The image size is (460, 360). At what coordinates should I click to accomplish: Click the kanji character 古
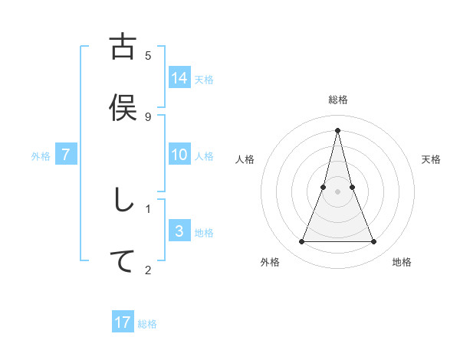click(x=123, y=47)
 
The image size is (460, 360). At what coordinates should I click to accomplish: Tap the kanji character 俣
click(x=123, y=108)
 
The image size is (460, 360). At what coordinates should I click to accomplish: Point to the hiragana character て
click(x=123, y=261)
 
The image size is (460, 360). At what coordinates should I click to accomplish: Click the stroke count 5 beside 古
click(x=148, y=55)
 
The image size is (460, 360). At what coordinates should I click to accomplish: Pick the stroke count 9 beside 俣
click(x=148, y=116)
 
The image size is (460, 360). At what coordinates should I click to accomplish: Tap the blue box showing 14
click(x=179, y=77)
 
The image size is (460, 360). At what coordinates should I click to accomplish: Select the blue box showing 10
click(x=179, y=155)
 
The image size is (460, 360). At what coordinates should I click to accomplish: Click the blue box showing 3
click(x=179, y=231)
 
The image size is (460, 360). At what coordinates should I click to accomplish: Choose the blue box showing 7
click(x=66, y=155)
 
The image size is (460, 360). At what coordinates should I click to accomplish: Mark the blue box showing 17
click(x=123, y=322)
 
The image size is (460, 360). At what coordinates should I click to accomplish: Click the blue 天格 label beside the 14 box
click(x=204, y=79)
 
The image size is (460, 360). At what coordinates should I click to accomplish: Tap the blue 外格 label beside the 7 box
click(x=41, y=156)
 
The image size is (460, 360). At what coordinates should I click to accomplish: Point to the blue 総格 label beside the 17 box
click(x=147, y=324)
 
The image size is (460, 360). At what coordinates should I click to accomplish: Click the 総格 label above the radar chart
click(x=338, y=100)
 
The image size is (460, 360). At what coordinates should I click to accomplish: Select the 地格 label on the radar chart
click(x=402, y=262)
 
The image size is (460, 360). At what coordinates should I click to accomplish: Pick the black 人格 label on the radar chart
click(x=245, y=159)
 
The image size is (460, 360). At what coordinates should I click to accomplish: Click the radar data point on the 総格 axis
click(x=338, y=129)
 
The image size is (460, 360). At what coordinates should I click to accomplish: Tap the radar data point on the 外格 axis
click(x=302, y=242)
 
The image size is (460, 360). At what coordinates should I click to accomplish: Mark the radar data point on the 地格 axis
click(x=374, y=242)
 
